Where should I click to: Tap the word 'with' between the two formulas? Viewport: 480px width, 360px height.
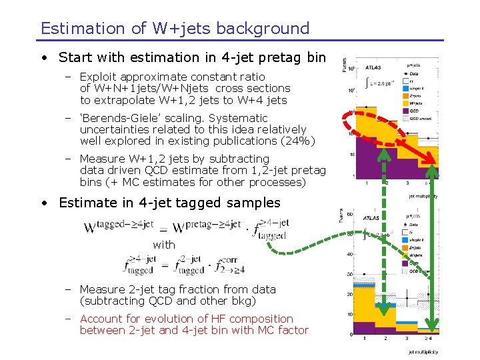[x=164, y=245]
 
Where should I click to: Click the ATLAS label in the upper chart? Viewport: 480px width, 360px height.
[x=373, y=68]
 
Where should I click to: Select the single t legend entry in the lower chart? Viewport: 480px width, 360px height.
[x=417, y=239]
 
